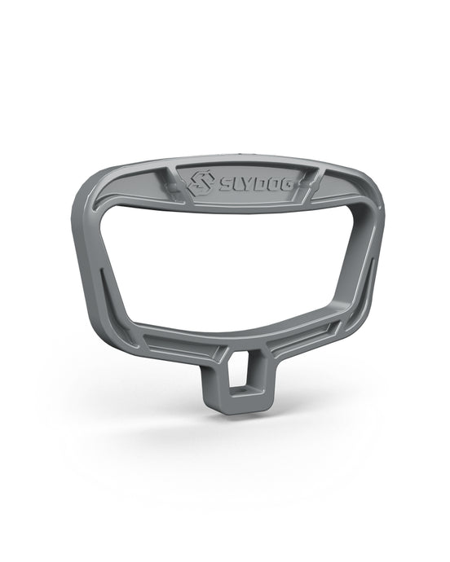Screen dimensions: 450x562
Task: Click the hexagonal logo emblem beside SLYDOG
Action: [202, 182]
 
